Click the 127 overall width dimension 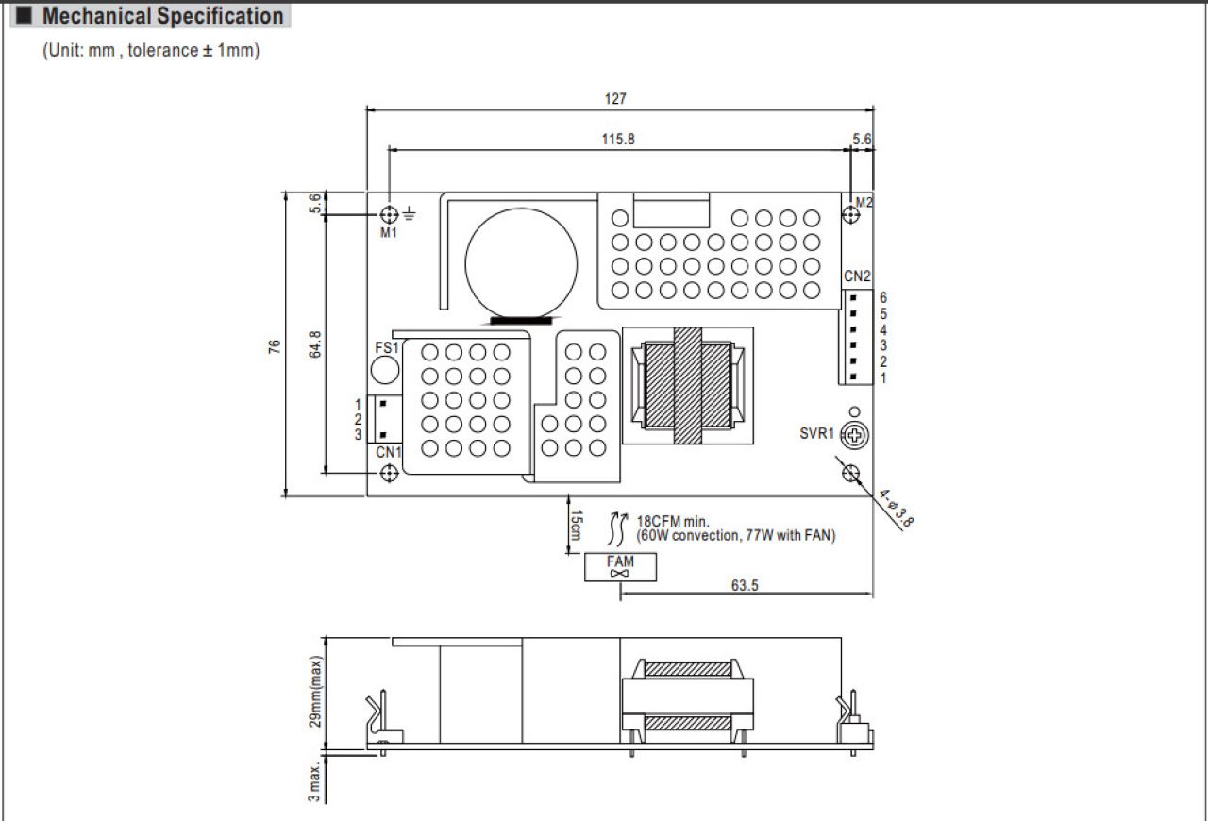click(x=615, y=99)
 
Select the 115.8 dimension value click(x=618, y=139)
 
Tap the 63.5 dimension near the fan click(x=745, y=585)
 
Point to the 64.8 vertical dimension click(x=315, y=344)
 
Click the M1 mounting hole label click(x=388, y=232)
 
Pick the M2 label click(x=864, y=202)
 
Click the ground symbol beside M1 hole click(x=410, y=213)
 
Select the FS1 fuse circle click(x=385, y=370)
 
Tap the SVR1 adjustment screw click(x=855, y=435)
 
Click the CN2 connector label click(x=857, y=276)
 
